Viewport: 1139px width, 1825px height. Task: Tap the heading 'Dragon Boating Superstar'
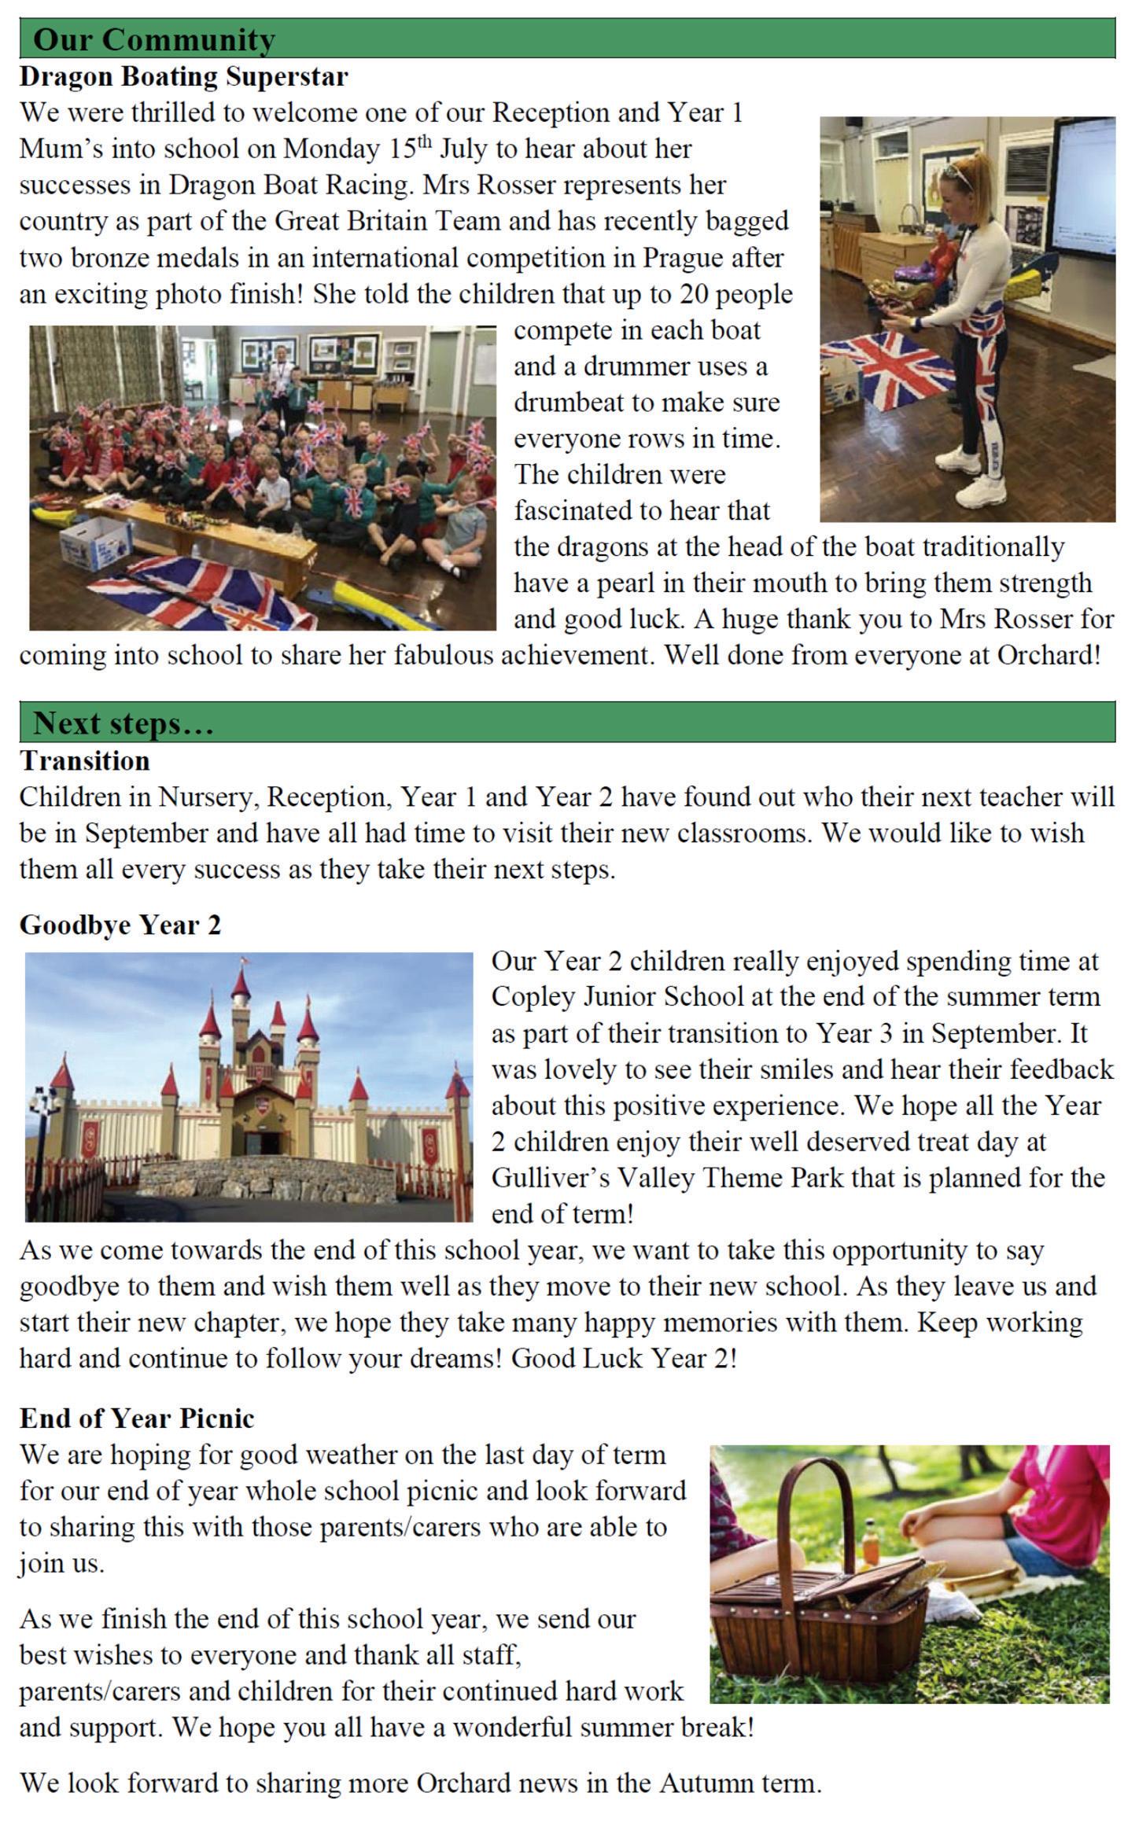pyautogui.click(x=183, y=77)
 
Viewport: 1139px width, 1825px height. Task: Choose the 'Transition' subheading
pyautogui.click(x=84, y=761)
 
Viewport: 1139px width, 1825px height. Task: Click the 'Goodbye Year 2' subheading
pyautogui.click(x=120, y=925)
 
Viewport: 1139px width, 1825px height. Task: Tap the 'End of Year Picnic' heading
pyautogui.click(x=137, y=1418)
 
